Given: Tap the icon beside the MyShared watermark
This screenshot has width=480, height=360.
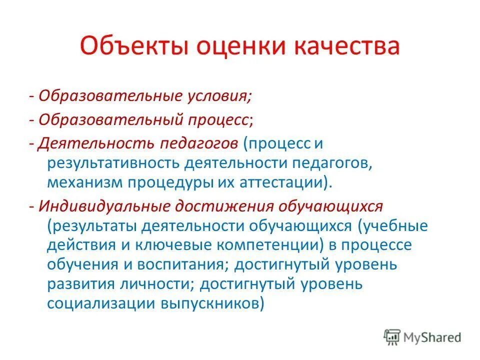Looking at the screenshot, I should pyautogui.click(x=392, y=337).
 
